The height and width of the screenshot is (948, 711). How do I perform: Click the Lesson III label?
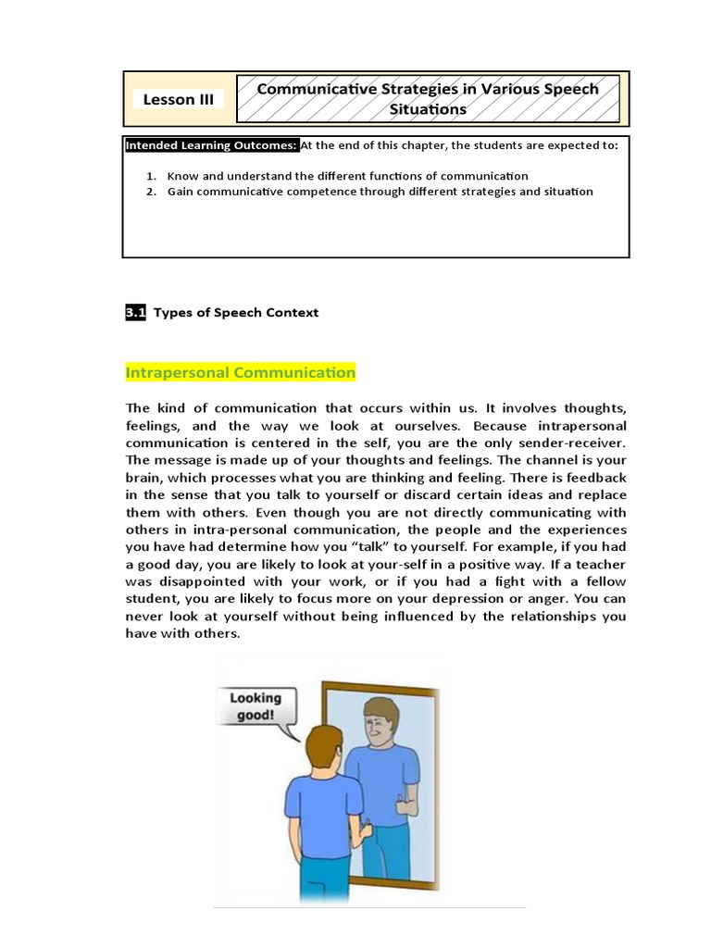coord(180,99)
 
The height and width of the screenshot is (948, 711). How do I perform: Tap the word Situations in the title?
coord(427,109)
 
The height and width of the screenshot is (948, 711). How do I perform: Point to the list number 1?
coord(150,175)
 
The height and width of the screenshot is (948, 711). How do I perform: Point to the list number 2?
coord(150,192)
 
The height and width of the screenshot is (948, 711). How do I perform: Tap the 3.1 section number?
coord(135,313)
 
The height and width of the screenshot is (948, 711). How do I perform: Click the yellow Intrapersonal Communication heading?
coord(240,372)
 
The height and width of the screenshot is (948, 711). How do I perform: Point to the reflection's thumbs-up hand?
coord(405,803)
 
